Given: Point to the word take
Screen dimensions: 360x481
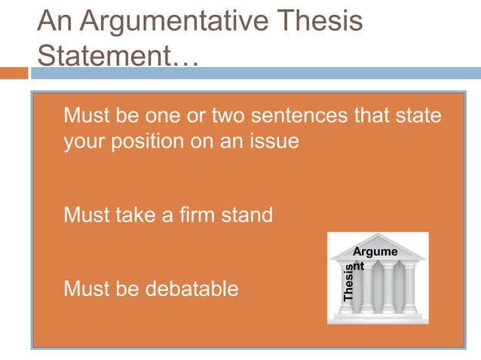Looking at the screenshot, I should point(139,215).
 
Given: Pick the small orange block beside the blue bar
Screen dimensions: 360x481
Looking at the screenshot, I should point(14,73).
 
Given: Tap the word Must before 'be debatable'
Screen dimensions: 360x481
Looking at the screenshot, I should point(87,288).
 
